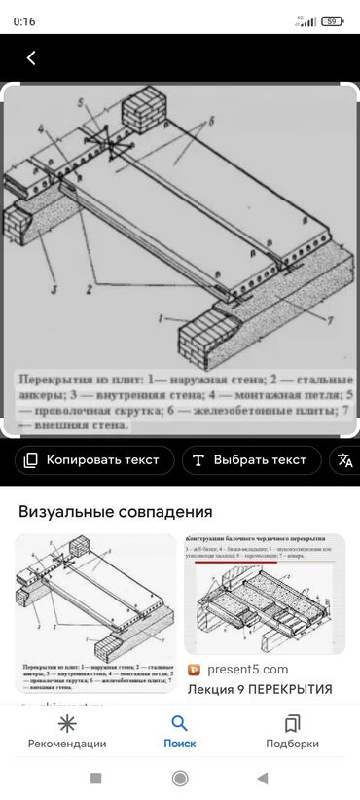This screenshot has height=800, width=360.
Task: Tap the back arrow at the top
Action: tap(31, 58)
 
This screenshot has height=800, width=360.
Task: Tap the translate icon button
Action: tap(343, 460)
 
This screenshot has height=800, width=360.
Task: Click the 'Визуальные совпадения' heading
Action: tap(116, 511)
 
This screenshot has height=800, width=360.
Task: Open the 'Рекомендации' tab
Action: tap(67, 732)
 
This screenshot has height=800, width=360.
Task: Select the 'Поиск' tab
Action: tap(179, 732)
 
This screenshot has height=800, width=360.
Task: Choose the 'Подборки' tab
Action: tap(292, 732)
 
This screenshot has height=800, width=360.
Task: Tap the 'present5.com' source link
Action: tap(246, 670)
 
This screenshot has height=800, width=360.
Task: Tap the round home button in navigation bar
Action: tap(180, 779)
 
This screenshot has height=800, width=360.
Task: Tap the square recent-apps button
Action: tap(95, 779)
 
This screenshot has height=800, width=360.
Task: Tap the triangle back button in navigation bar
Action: tap(263, 779)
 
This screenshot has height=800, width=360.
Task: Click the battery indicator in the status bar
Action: tap(333, 20)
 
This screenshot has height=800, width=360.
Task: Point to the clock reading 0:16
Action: tap(24, 21)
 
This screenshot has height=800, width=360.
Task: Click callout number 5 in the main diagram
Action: tap(82, 102)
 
